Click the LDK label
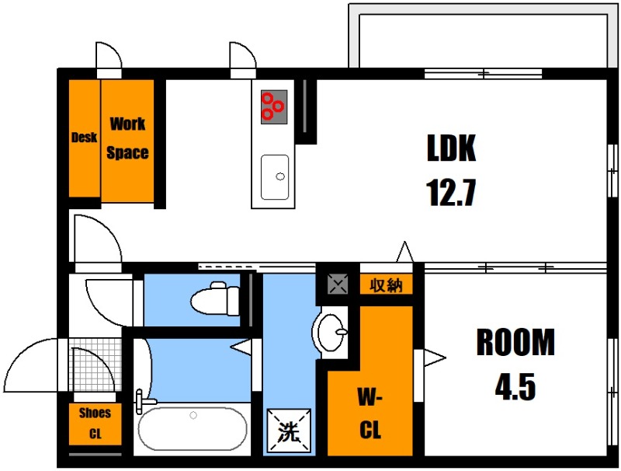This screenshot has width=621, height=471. pyautogui.click(x=451, y=148)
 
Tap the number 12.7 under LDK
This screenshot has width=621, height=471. pyautogui.click(x=451, y=193)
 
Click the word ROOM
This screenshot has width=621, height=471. pyautogui.click(x=515, y=342)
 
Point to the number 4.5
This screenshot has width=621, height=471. pyautogui.click(x=515, y=386)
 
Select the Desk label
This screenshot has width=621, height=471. pyautogui.click(x=84, y=137)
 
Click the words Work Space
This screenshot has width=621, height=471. pyautogui.click(x=127, y=138)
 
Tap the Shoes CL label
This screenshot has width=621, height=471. pyautogui.click(x=95, y=424)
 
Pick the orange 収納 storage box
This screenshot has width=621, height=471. pyautogui.click(x=386, y=285)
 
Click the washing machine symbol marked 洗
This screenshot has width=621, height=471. pyautogui.click(x=288, y=431)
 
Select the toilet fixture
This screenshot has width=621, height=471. pyautogui.click(x=215, y=298)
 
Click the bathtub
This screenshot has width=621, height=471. pyautogui.click(x=193, y=428)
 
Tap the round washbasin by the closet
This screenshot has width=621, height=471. pyautogui.click(x=331, y=332)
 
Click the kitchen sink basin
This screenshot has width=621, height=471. pyautogui.click(x=275, y=177)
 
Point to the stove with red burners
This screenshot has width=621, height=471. pyautogui.click(x=274, y=106)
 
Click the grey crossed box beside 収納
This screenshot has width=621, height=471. pyautogui.click(x=338, y=284)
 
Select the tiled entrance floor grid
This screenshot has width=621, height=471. pyautogui.click(x=95, y=365)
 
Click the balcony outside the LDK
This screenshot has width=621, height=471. pyautogui.click(x=483, y=36)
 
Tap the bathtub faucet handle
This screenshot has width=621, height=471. pyautogui.click(x=141, y=402)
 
